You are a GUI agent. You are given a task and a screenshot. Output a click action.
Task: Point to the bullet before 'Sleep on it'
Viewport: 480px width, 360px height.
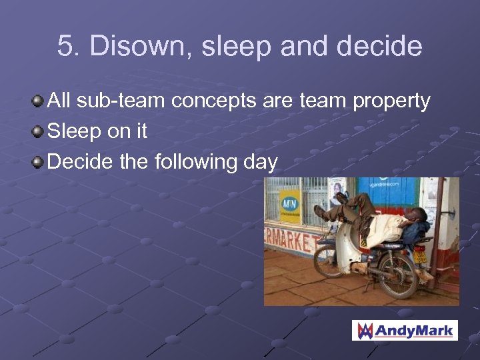(39, 132)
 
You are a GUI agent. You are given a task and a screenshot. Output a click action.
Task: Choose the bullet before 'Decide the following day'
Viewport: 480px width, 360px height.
(39, 162)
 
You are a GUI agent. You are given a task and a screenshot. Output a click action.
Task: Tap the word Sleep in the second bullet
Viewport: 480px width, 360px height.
(73, 132)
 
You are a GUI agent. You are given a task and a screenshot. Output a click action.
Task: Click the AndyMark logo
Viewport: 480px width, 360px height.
(405, 330)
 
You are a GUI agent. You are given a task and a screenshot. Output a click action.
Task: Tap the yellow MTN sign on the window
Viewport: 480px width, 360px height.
(289, 207)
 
